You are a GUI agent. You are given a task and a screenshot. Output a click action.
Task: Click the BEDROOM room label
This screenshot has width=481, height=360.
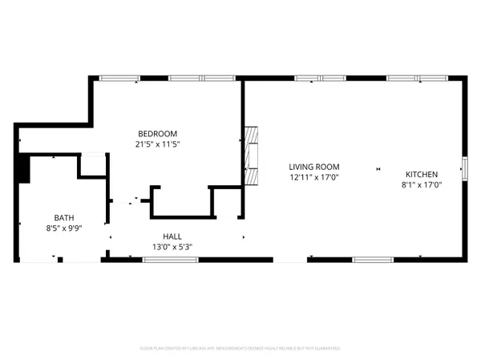(157, 133)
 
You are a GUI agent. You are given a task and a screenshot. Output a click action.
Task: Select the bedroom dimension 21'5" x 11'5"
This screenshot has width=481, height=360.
(157, 144)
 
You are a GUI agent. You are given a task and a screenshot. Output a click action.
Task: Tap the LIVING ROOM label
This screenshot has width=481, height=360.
(314, 166)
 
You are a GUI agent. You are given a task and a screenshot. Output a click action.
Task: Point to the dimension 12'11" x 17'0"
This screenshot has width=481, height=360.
(314, 177)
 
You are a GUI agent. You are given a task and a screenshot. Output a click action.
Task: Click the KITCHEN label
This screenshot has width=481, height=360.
(421, 174)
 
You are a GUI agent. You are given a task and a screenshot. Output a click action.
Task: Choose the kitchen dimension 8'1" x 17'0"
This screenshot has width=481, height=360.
(421, 185)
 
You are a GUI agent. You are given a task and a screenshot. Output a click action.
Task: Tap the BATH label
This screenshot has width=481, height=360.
(63, 217)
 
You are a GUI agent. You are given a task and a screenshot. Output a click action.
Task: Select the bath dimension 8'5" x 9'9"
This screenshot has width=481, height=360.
(63, 229)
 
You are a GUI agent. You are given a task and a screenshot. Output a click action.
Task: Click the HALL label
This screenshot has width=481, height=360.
(172, 237)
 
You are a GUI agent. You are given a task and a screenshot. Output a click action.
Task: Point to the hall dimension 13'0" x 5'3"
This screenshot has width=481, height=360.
(172, 247)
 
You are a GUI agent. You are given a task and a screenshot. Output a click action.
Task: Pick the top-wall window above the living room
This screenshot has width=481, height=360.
(320, 79)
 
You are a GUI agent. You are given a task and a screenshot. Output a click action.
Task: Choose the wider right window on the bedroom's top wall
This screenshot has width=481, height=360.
(200, 79)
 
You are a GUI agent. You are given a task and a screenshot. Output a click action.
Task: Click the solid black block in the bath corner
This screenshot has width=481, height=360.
(23, 168)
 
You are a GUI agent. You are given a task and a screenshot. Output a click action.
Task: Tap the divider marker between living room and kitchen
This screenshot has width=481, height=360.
(376, 169)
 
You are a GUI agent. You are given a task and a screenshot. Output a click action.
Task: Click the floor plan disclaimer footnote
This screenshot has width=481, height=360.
(240, 349)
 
